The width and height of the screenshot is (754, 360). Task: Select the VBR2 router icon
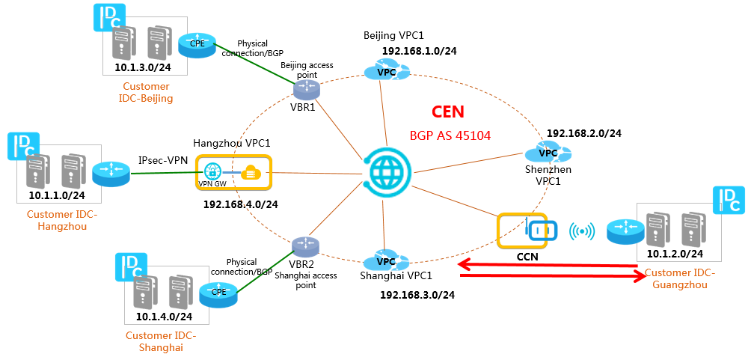coord(306,246)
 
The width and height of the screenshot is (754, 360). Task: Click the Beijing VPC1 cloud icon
coord(387,71)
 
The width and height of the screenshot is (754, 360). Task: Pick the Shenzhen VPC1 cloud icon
coord(548,153)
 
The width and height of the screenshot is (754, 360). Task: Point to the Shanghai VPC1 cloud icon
coord(386,261)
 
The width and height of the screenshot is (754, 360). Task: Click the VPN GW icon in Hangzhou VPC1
coord(212,171)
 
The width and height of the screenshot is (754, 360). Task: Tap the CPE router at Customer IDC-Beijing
coord(196,45)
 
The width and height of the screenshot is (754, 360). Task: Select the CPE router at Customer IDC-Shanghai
coord(218,293)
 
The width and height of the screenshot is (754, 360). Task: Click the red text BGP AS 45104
coord(450,135)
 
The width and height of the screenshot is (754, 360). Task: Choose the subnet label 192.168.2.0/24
coord(584,133)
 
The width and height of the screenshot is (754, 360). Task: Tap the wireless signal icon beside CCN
coord(582,231)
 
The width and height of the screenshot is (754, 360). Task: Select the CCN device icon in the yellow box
coord(542,231)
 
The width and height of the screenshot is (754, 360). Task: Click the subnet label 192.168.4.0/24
coord(241,204)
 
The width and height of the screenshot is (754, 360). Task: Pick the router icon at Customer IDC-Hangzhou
coord(111,173)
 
